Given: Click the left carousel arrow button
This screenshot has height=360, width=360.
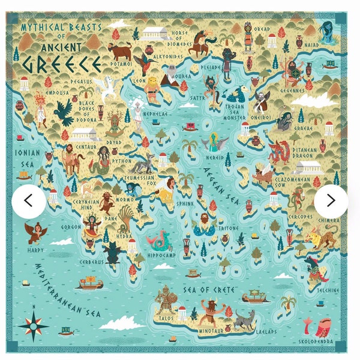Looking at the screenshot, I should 29,201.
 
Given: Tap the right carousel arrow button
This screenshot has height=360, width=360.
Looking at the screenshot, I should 331,201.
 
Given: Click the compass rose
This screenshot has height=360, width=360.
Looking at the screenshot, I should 34,325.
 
